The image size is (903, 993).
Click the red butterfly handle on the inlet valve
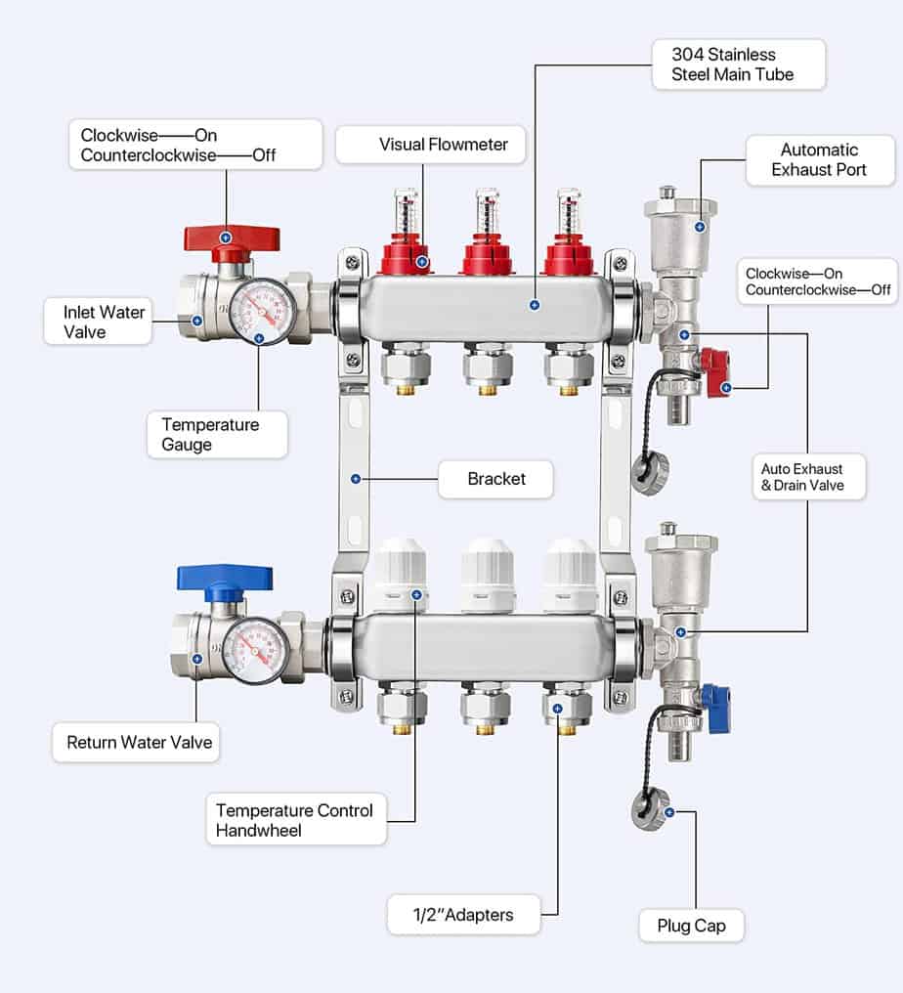coord(232,238)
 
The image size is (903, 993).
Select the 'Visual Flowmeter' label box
coord(431,145)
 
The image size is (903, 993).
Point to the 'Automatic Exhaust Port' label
coord(819,159)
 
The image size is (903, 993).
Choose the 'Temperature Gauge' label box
coord(210,434)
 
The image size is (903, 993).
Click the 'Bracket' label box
coord(495,479)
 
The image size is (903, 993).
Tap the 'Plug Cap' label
coord(691,925)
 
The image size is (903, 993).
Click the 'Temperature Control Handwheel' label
coord(295,820)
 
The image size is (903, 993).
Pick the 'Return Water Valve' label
coord(139,743)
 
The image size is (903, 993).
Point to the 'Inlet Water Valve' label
coord(98,322)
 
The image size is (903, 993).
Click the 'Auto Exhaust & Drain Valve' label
coord(808,476)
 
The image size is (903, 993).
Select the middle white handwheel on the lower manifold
coord(488,571)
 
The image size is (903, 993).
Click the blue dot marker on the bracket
coord(355,479)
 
